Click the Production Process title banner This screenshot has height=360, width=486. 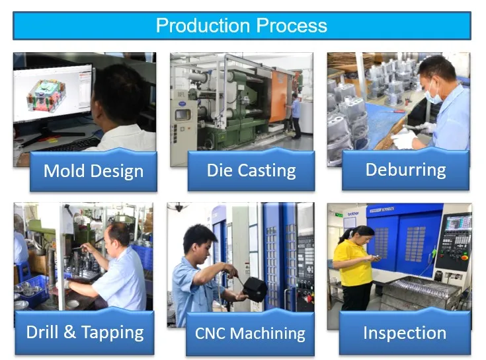click(242, 26)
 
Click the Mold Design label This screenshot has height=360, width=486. click(93, 172)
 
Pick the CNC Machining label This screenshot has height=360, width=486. click(249, 333)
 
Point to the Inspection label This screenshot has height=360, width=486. click(404, 332)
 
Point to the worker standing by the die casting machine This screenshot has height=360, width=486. click(295, 114)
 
